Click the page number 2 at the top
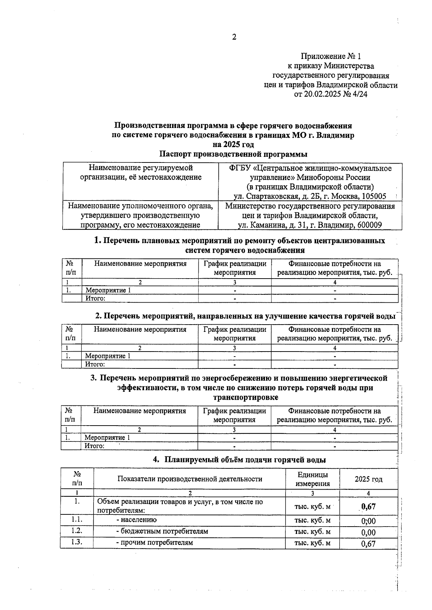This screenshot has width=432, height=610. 234,37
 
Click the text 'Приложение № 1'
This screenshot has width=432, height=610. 330,56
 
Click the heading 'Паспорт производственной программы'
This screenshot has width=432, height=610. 233,154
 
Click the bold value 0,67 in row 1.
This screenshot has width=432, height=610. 368,506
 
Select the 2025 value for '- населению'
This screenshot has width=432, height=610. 368,521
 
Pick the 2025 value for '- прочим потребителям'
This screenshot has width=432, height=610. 368,544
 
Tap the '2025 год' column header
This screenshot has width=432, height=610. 368,479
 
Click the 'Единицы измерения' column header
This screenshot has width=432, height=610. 312,479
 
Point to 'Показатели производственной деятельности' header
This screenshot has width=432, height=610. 189,479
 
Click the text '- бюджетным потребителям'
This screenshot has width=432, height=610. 162,531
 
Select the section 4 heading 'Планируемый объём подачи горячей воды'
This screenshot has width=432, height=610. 245,460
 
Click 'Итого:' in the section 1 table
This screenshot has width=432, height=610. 95,298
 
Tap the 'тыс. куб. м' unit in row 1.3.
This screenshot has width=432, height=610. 312,543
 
